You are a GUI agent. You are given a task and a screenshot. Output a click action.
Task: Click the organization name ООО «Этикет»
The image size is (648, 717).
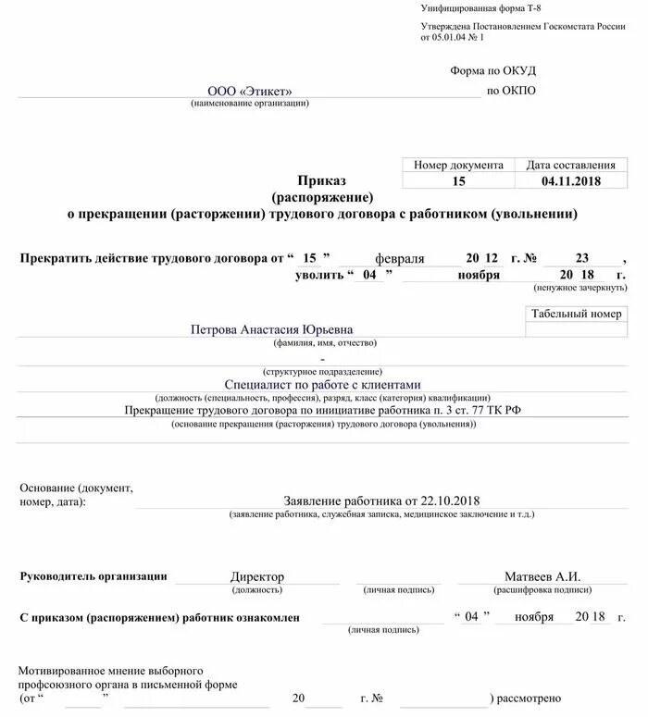tap(249, 91)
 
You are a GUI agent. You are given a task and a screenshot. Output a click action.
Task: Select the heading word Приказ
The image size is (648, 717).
tap(321, 180)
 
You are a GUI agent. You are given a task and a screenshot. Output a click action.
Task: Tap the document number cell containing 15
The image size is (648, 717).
tap(458, 181)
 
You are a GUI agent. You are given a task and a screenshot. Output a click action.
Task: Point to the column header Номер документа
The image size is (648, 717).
tap(458, 165)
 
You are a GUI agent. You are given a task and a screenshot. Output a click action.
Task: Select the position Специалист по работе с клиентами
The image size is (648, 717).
tap(322, 384)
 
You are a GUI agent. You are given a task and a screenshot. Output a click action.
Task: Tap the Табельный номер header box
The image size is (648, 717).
tap(576, 315)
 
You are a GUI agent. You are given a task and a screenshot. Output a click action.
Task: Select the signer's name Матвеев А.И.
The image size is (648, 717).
tap(542, 576)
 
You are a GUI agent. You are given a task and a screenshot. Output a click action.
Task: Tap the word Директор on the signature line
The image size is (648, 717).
tap(256, 576)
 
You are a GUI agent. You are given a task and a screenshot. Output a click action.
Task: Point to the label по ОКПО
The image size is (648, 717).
tap(510, 91)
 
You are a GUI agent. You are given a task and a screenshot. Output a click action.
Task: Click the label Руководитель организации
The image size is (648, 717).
tap(93, 576)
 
